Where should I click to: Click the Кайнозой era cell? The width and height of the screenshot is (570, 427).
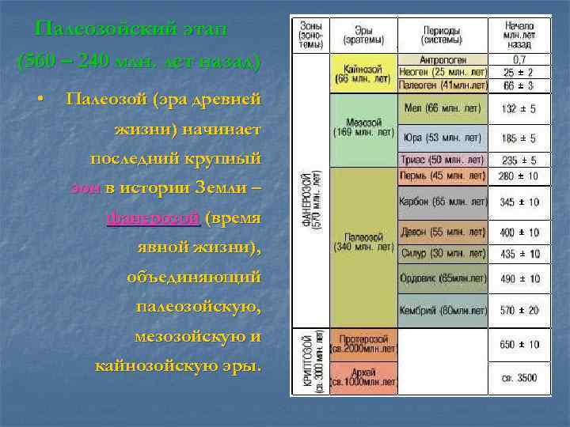click(x=364, y=74)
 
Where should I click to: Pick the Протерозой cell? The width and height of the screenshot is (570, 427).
click(x=364, y=344)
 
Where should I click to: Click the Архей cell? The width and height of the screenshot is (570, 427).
click(x=364, y=377)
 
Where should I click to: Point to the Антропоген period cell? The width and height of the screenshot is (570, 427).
click(x=443, y=59)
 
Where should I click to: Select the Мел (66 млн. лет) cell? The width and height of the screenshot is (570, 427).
click(x=443, y=108)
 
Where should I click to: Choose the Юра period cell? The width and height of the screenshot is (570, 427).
click(x=443, y=138)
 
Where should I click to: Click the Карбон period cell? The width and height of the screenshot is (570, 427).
click(x=443, y=203)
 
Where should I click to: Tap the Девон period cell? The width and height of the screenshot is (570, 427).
click(x=443, y=233)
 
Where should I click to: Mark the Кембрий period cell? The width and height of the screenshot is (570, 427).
click(x=443, y=310)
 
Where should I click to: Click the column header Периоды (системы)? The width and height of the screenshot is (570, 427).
click(x=443, y=35)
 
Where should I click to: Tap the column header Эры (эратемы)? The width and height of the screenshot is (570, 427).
click(x=364, y=35)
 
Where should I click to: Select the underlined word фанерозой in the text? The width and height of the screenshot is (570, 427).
click(x=153, y=217)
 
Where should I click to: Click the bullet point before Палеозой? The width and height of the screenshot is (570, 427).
click(x=39, y=100)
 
